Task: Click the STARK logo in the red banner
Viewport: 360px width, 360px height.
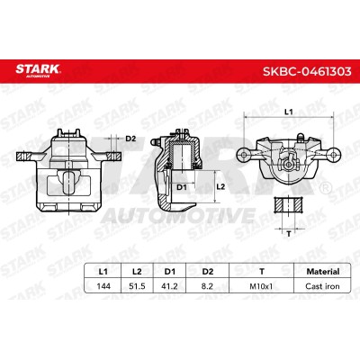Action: tap(38, 70)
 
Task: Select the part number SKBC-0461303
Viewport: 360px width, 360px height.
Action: tap(307, 71)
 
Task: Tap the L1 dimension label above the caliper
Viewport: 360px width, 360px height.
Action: tap(288, 112)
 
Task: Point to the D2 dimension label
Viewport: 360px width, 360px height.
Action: tap(130, 139)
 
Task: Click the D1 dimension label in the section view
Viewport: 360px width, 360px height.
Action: tap(182, 187)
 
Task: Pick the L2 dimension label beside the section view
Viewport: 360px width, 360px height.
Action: tap(220, 186)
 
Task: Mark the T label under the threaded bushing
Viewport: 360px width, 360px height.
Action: tap(289, 234)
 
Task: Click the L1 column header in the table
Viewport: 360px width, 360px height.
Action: tap(103, 272)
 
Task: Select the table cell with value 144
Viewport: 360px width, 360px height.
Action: tap(103, 286)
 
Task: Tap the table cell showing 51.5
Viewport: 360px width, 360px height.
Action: tap(137, 286)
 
